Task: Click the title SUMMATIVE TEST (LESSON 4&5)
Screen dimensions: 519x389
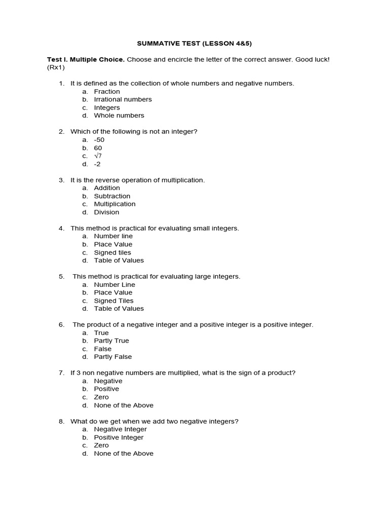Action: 194,44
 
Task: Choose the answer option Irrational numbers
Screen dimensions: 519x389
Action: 123,100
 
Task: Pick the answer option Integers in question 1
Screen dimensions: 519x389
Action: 107,108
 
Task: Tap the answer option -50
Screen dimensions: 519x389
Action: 99,140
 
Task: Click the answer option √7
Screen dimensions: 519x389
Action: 98,156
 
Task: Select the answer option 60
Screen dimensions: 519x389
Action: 98,148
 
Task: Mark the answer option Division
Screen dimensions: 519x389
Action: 106,212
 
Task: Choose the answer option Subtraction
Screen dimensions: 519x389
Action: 112,196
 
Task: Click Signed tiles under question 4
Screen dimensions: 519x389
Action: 112,252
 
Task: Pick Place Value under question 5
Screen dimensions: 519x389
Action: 113,292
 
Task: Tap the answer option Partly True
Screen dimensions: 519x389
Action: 111,341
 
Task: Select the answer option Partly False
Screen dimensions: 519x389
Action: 112,357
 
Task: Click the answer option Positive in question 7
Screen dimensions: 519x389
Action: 106,389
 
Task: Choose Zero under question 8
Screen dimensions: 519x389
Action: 101,446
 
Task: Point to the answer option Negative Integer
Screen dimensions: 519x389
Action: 120,429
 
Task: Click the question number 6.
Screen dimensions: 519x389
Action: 61,324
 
